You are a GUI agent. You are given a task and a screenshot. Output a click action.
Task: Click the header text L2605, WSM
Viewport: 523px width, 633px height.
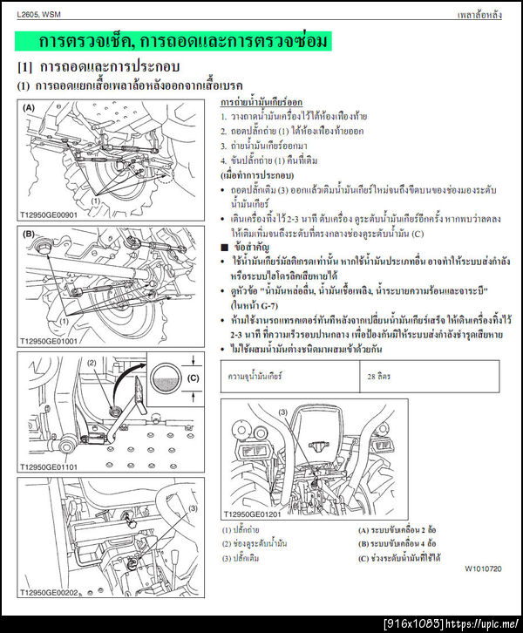coord(39,15)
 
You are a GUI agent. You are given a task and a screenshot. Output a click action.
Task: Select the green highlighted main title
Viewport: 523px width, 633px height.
coord(184,42)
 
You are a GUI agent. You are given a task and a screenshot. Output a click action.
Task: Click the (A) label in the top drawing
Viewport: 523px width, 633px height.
coord(29,108)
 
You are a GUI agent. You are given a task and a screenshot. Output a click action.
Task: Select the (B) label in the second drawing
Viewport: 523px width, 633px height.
coord(29,234)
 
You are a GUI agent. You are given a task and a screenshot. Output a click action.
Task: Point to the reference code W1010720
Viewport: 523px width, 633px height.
coord(483,568)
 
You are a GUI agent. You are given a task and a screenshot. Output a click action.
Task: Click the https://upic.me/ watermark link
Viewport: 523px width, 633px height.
coord(485,623)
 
